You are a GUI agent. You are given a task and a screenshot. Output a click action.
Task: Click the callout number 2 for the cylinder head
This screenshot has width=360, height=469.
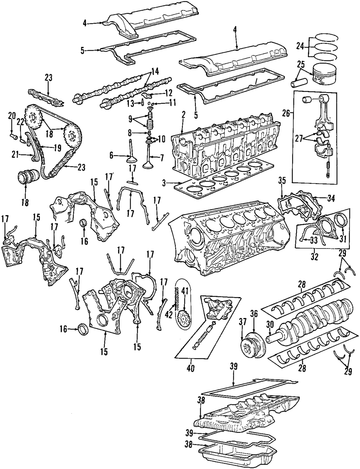click(183, 115)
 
